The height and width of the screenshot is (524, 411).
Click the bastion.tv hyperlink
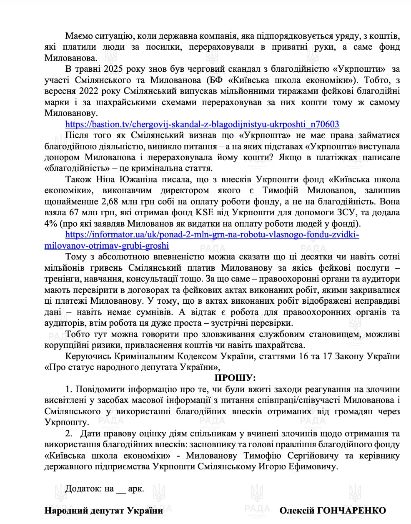[202, 124]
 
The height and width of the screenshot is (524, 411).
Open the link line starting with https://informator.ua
[212, 234]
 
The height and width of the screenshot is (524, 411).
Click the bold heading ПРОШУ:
[235, 378]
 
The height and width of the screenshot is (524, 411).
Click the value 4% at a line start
[51, 224]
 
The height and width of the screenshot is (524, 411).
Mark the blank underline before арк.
[121, 489]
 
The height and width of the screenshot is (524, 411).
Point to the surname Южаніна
[134, 179]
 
